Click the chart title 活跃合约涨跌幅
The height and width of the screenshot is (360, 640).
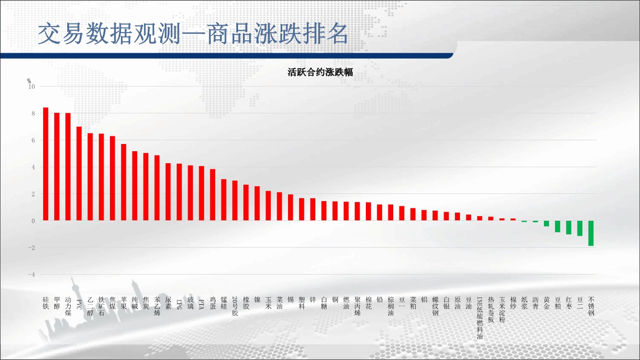320,72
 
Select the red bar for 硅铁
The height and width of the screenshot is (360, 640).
46,164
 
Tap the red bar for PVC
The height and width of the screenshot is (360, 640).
79,173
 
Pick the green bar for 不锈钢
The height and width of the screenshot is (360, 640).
591,233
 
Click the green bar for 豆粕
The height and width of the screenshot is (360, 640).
557,226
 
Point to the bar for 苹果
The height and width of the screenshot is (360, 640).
124,182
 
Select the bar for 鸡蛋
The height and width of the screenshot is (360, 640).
213,195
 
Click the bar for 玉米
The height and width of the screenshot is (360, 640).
268,206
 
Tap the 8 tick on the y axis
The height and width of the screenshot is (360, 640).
33,113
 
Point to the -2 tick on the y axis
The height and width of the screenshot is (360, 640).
31,248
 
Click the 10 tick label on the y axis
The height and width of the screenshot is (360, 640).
31,86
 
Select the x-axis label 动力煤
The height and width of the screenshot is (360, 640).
68,306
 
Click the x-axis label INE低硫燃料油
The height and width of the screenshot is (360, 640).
480,318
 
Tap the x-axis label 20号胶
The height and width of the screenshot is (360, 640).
235,306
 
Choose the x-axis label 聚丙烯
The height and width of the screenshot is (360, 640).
357,306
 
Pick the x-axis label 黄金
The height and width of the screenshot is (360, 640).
546,303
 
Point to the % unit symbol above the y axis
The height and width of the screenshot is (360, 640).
29,81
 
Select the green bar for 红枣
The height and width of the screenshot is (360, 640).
568,228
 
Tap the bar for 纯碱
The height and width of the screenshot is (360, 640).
135,186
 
